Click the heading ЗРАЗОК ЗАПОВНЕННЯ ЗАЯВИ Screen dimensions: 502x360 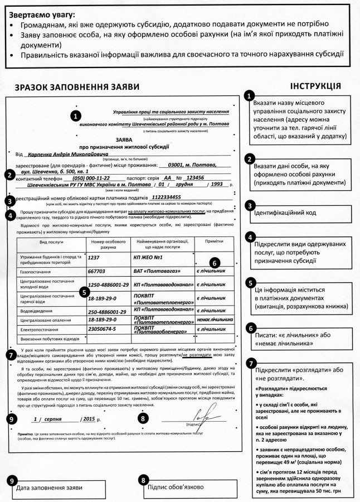pyautogui.click(x=69, y=88)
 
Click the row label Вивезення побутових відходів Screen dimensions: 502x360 pyautogui.click(x=47, y=339)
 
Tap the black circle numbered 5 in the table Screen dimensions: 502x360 pyautogui.click(x=83, y=291)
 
